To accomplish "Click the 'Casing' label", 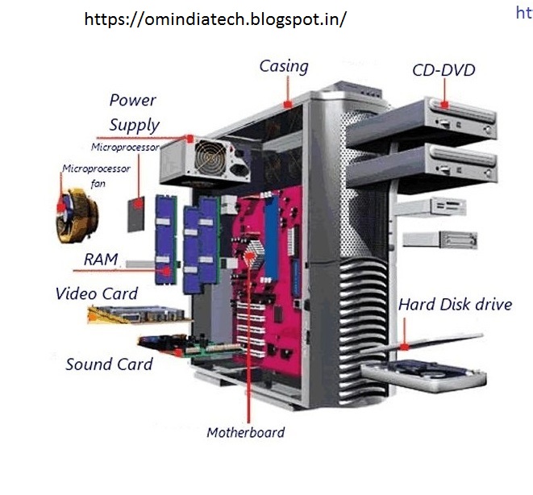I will [x=283, y=66].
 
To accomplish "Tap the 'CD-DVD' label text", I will [x=443, y=69].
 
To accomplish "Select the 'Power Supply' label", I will [x=134, y=113].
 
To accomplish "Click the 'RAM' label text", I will [x=101, y=260].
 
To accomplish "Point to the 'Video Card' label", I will [x=96, y=293].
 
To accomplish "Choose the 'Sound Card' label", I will [x=109, y=364].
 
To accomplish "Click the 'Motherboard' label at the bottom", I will [x=245, y=432].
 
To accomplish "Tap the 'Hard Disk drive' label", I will [x=455, y=305].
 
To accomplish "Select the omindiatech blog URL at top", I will [x=214, y=19].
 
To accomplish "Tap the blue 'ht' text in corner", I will [x=523, y=12].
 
